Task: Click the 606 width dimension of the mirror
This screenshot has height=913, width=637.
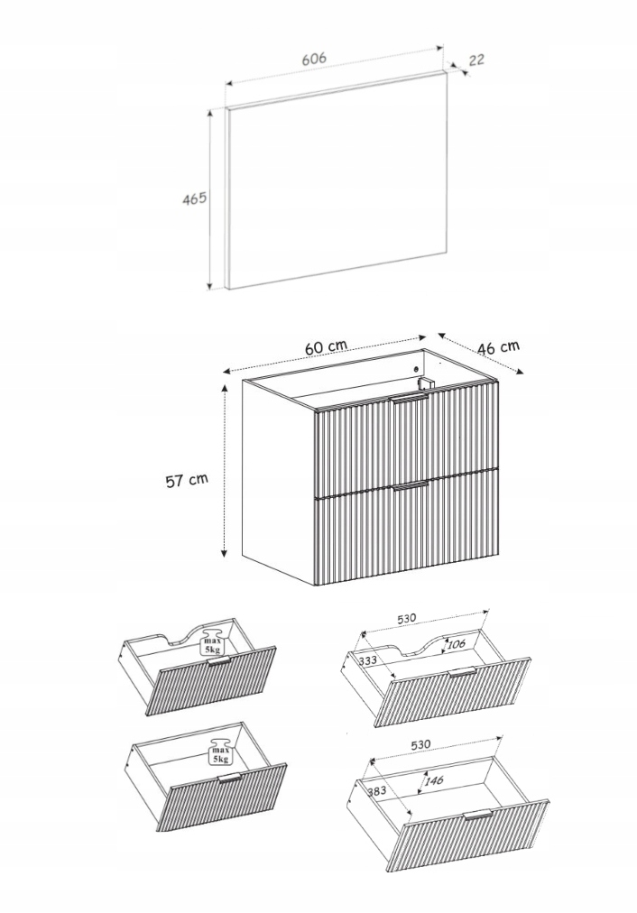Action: coord(313,59)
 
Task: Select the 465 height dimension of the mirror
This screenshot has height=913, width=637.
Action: coord(194,198)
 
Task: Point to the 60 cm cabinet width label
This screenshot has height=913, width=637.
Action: coord(325,347)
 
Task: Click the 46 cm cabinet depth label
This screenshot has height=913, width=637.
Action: coord(498,346)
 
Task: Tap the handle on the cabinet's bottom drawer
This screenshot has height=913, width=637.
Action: coord(411,486)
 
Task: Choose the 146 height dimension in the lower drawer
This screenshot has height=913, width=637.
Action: coord(434,781)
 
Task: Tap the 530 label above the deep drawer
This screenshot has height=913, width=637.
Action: coord(421,744)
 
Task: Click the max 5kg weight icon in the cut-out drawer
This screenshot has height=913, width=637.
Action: coord(212,641)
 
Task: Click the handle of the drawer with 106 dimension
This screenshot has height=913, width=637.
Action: coord(462,673)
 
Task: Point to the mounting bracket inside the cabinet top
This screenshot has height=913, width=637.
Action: coord(426,383)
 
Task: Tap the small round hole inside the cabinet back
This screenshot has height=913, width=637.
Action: coord(414,368)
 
